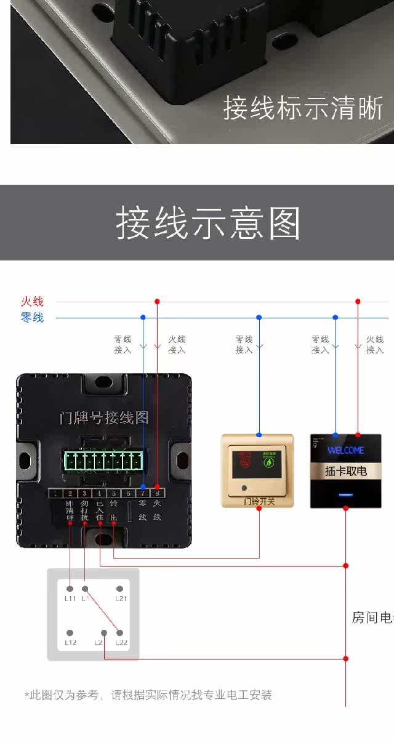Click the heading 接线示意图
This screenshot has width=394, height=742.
pyautogui.click(x=208, y=223)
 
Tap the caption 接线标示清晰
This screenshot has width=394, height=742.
pyautogui.click(x=303, y=108)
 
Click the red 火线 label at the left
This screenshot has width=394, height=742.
pyautogui.click(x=32, y=301)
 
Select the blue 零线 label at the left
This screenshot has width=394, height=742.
pyautogui.click(x=32, y=318)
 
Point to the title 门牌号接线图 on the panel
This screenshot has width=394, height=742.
pyautogui.click(x=104, y=418)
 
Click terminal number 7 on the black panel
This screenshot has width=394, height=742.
pyautogui.click(x=143, y=493)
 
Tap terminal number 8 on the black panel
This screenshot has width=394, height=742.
pyautogui.click(x=157, y=493)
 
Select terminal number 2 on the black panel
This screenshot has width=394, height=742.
pyautogui.click(x=70, y=493)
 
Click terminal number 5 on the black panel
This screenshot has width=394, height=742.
pyautogui.click(x=114, y=493)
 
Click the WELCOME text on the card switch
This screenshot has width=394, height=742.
pyautogui.click(x=345, y=450)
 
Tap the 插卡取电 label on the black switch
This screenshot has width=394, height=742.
pyautogui.click(x=345, y=471)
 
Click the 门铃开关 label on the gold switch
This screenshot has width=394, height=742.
pyautogui.click(x=259, y=501)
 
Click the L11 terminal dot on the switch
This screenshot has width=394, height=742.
pyautogui.click(x=70, y=589)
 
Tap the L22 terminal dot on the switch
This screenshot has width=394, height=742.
pyautogui.click(x=120, y=633)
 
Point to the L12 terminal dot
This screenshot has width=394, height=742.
pyautogui.click(x=70, y=633)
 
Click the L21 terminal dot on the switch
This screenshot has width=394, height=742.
pyautogui.click(x=120, y=589)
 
